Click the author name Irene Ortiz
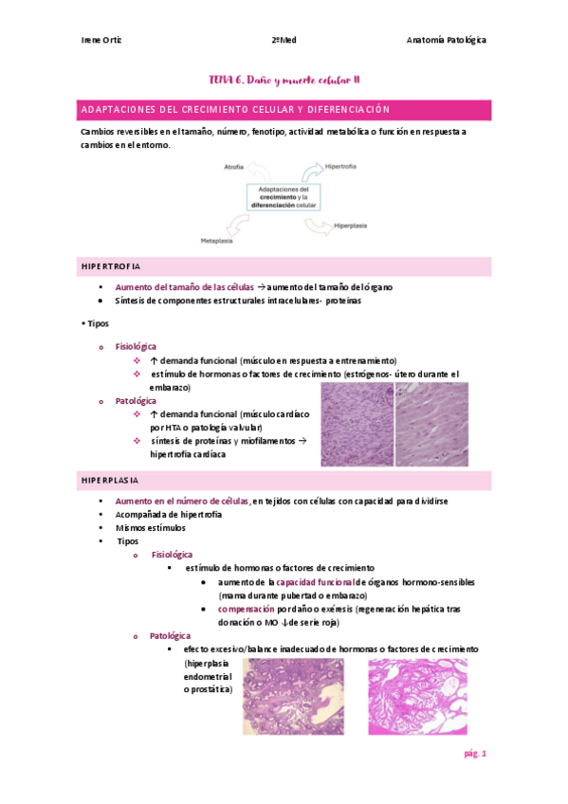coord(101,40)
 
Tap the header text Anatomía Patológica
coord(446,40)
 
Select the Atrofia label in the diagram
coord(233,167)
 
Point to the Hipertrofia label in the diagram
coord(340,166)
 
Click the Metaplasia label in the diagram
coord(215,242)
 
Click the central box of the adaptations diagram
coord(284,196)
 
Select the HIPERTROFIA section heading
coord(110,266)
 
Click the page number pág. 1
coord(474,754)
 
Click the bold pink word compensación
coord(246,609)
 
